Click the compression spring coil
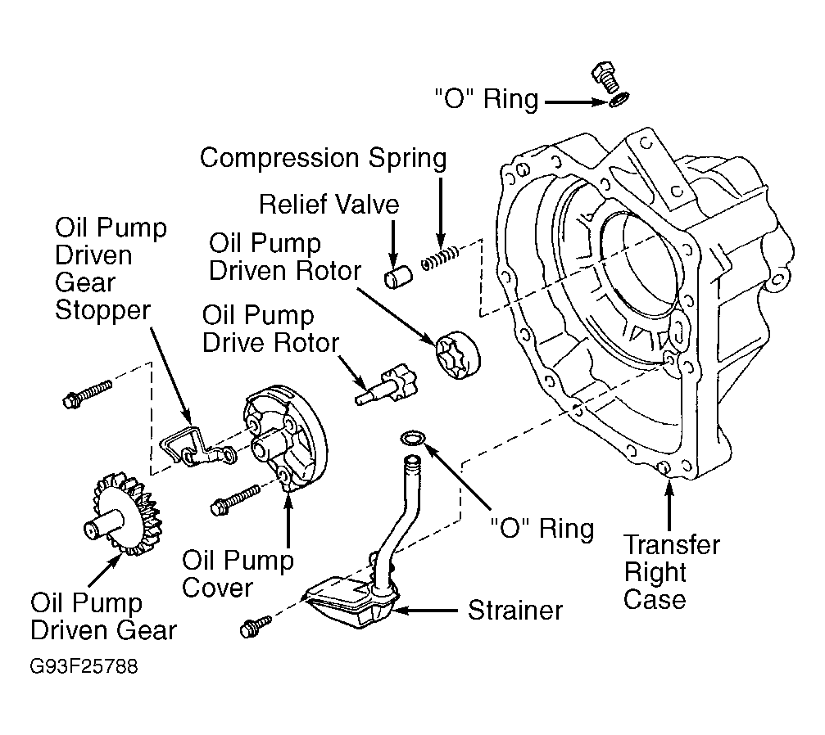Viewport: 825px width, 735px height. [441, 258]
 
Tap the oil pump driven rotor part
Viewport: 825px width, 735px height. [458, 355]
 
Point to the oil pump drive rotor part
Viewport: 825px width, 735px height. [386, 386]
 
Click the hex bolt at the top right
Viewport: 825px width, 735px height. [606, 77]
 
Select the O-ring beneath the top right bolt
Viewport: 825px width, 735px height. [619, 98]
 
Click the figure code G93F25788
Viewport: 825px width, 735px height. [84, 666]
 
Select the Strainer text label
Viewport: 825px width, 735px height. [515, 611]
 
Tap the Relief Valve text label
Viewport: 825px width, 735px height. [329, 204]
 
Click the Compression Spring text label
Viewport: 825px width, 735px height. [324, 158]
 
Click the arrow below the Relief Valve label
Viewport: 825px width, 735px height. [393, 243]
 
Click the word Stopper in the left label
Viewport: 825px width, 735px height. [102, 309]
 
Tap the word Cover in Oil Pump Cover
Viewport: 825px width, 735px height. [217, 588]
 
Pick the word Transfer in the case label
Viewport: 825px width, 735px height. [672, 544]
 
